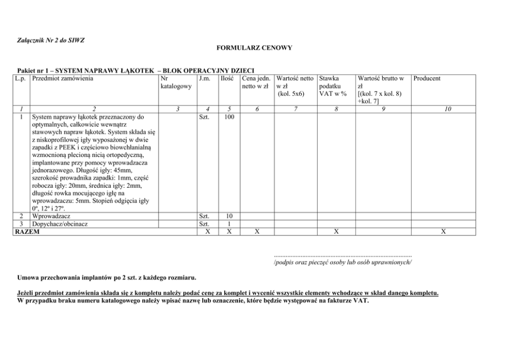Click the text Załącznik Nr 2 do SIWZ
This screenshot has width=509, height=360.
(x=50, y=41)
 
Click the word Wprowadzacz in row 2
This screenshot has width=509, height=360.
(x=51, y=216)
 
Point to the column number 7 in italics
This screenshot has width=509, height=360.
(x=296, y=109)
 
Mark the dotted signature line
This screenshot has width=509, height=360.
(x=343, y=254)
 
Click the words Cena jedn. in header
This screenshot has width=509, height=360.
(x=257, y=78)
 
